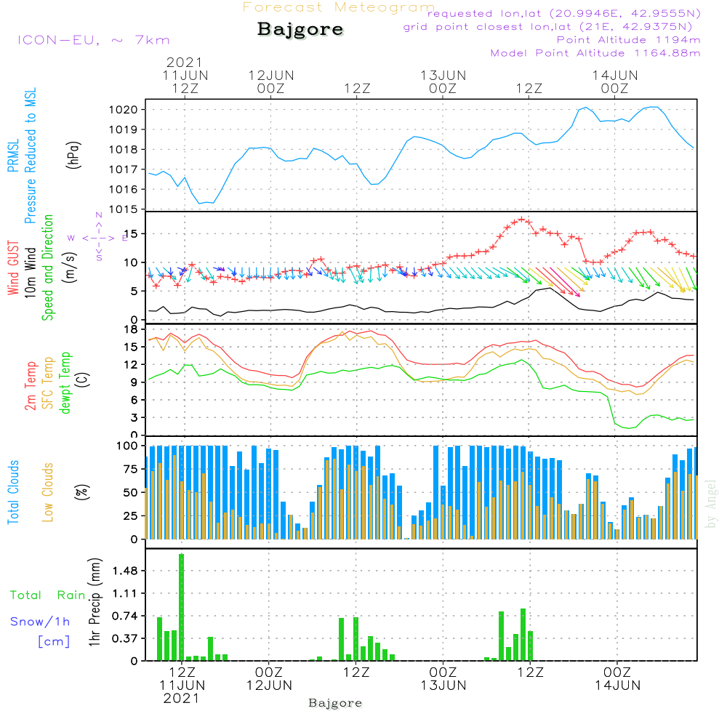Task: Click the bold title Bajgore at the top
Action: tap(300, 31)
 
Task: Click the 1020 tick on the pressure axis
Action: tap(131, 110)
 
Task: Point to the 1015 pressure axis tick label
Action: tap(131, 209)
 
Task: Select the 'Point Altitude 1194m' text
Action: tap(628, 40)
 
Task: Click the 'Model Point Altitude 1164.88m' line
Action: tap(595, 53)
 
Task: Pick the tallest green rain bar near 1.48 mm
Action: tap(181, 607)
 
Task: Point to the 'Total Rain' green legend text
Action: tap(47, 595)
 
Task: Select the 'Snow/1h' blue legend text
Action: tap(40, 622)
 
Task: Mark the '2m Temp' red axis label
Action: tap(31, 386)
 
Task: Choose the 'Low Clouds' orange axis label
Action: tap(48, 492)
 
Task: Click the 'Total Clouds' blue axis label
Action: tap(14, 492)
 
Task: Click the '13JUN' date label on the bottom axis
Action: tap(443, 686)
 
